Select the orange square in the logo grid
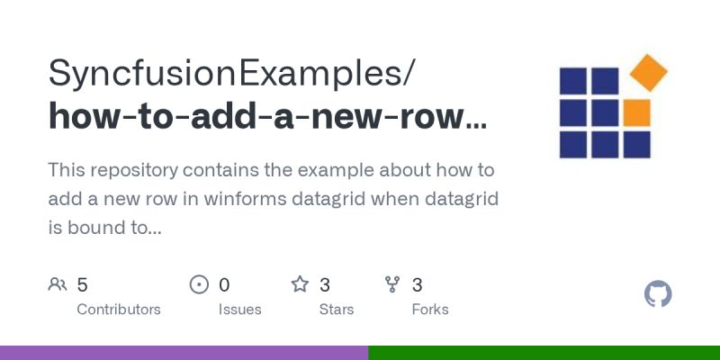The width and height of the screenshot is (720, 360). [x=636, y=112]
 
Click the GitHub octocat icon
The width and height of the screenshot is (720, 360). [x=659, y=294]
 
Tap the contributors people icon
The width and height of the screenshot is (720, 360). [x=58, y=285]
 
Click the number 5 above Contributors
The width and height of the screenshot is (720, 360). [x=82, y=285]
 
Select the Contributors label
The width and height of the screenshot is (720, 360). [x=119, y=310]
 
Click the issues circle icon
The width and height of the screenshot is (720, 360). [x=199, y=285]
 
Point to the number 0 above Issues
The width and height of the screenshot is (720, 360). [x=224, y=285]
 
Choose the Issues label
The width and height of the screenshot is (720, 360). [x=239, y=310]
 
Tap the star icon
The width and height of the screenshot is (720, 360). [x=300, y=285]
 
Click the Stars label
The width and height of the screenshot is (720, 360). [x=337, y=310]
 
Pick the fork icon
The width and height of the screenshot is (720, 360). [x=392, y=285]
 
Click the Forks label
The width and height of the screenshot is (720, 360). [x=430, y=310]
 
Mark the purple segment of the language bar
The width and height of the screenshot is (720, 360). [x=184, y=353]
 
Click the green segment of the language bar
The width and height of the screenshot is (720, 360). [x=544, y=353]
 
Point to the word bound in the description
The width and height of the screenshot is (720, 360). [x=93, y=228]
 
